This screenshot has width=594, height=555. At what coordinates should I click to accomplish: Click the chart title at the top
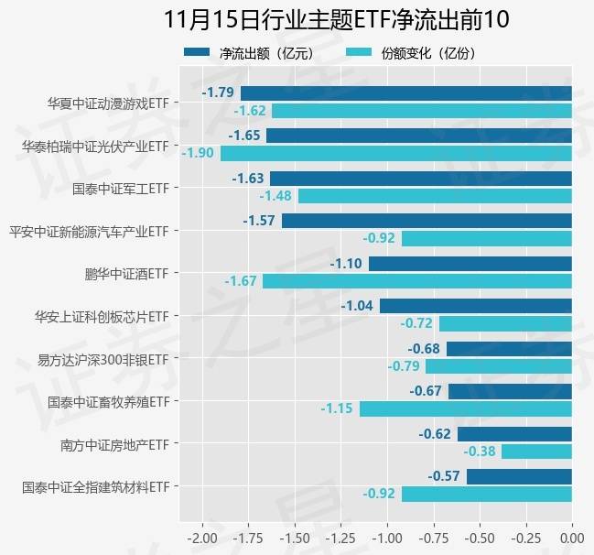(x=335, y=19)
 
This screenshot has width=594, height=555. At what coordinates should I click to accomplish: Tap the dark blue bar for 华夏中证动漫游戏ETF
(x=405, y=92)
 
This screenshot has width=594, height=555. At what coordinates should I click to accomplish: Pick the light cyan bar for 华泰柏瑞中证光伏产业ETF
(x=395, y=153)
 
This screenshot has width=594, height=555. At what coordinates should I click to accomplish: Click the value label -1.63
(x=248, y=179)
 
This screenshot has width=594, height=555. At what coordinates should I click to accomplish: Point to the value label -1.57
(x=260, y=221)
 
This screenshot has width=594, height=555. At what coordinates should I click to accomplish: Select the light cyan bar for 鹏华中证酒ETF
(x=416, y=281)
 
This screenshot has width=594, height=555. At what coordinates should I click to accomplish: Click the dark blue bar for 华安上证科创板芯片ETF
(x=475, y=306)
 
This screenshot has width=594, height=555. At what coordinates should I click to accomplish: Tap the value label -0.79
(x=404, y=366)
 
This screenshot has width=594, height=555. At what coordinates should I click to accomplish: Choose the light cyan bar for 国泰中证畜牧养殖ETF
(x=465, y=408)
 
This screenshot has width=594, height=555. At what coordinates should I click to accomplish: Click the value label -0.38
(x=480, y=452)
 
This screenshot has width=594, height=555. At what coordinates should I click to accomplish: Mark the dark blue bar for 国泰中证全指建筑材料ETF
(x=519, y=476)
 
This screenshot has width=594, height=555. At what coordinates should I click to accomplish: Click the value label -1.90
(x=198, y=153)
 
